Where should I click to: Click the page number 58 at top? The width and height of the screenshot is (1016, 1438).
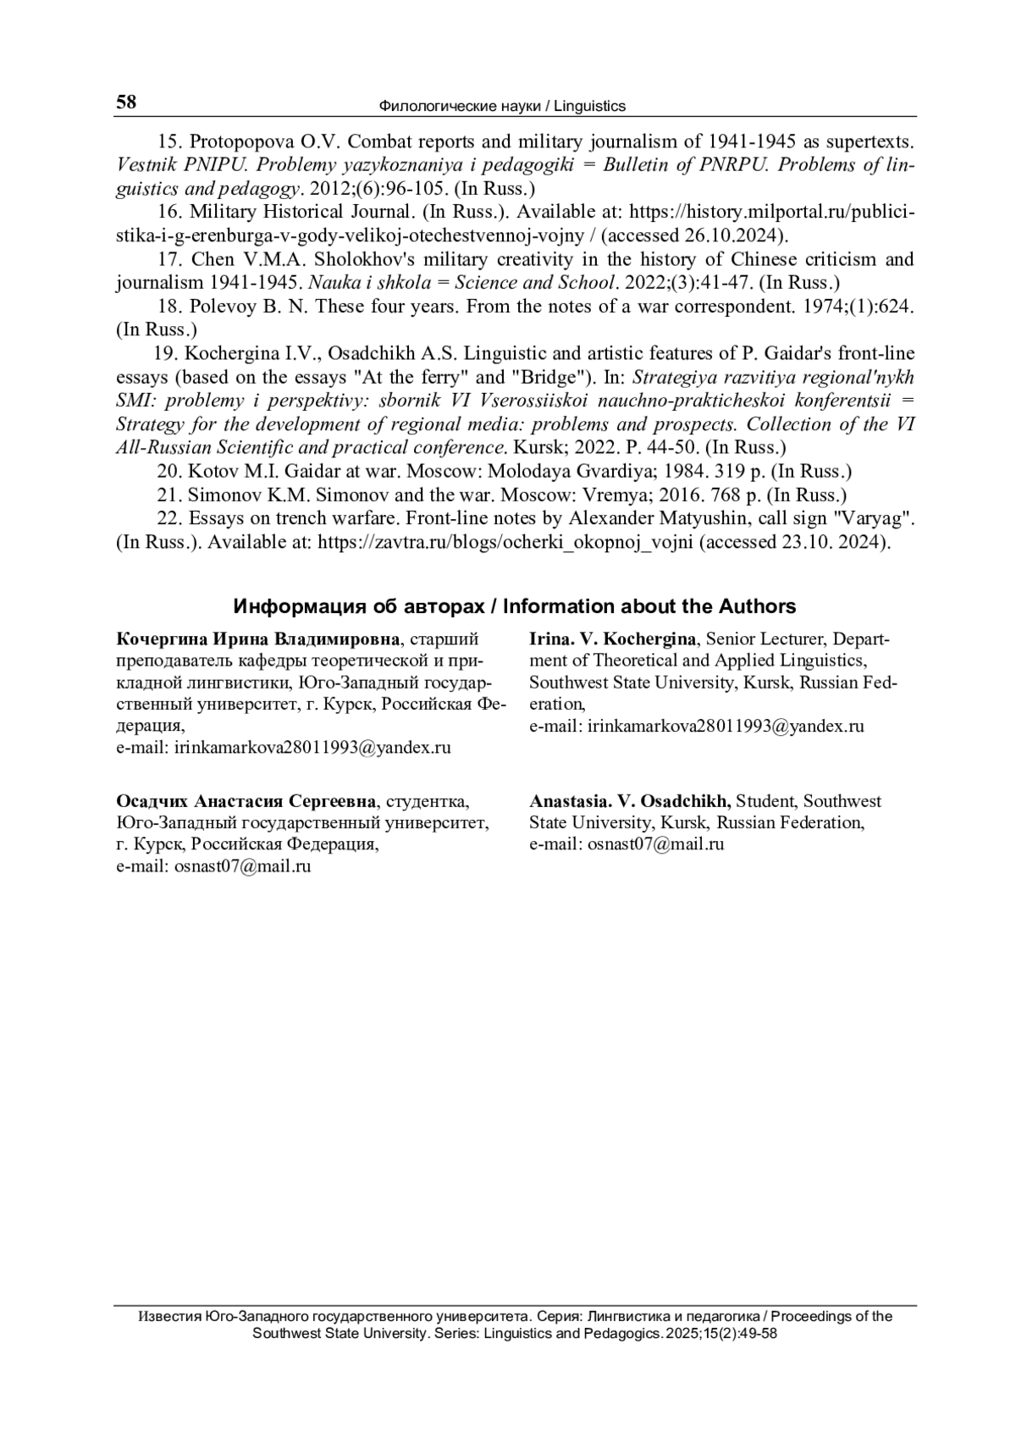pos(125,102)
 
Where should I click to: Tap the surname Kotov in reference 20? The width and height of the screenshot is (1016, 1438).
pos(212,471)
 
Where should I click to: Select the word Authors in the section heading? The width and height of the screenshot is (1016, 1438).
pos(757,606)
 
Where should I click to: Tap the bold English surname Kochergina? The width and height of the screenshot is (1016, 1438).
pos(649,639)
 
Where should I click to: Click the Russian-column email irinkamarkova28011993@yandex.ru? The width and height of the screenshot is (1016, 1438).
pos(312,748)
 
